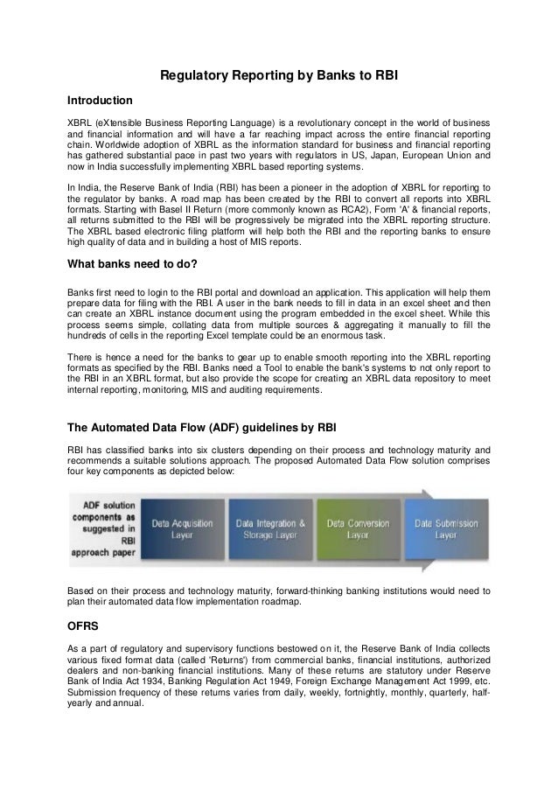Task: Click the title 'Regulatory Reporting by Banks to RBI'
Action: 278,76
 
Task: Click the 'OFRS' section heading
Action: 84,628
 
